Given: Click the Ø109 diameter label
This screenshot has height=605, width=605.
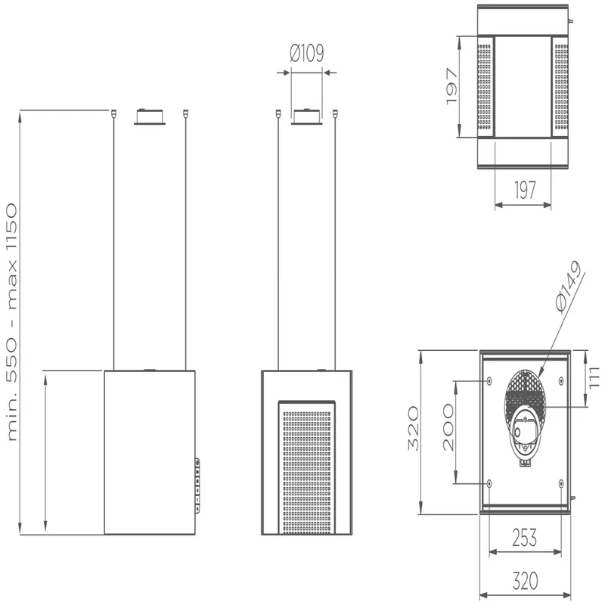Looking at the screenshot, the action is [x=307, y=53].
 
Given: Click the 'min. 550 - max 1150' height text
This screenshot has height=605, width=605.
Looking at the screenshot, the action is [x=12, y=322].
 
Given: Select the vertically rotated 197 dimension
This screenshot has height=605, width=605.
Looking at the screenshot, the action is [x=451, y=86].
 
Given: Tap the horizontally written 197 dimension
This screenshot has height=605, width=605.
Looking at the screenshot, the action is [x=525, y=190].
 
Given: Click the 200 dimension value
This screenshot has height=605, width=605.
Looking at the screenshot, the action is [x=448, y=427].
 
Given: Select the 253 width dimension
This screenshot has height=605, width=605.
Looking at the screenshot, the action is [x=524, y=538].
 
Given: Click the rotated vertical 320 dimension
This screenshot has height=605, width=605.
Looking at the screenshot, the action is [x=413, y=428].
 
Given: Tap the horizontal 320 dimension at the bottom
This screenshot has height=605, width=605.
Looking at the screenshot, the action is [x=525, y=580].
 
